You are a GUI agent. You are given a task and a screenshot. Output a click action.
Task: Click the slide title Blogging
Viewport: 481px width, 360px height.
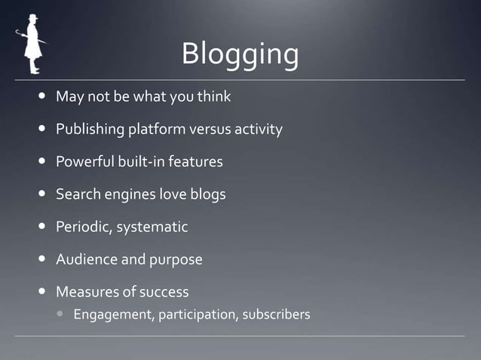(x=240, y=55)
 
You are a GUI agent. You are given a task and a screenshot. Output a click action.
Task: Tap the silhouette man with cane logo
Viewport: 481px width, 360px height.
(x=31, y=44)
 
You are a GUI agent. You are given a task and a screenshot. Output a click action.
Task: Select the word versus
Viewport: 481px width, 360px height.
(x=210, y=130)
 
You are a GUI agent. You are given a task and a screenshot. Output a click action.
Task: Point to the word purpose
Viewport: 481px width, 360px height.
(x=176, y=259)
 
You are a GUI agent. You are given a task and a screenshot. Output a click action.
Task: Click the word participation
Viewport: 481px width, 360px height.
(x=197, y=314)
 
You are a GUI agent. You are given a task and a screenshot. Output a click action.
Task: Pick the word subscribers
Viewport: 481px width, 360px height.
(x=276, y=314)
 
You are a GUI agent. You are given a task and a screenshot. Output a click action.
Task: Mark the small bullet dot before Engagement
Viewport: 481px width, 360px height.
(x=61, y=314)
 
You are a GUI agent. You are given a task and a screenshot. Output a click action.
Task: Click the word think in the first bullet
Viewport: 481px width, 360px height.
(x=213, y=97)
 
